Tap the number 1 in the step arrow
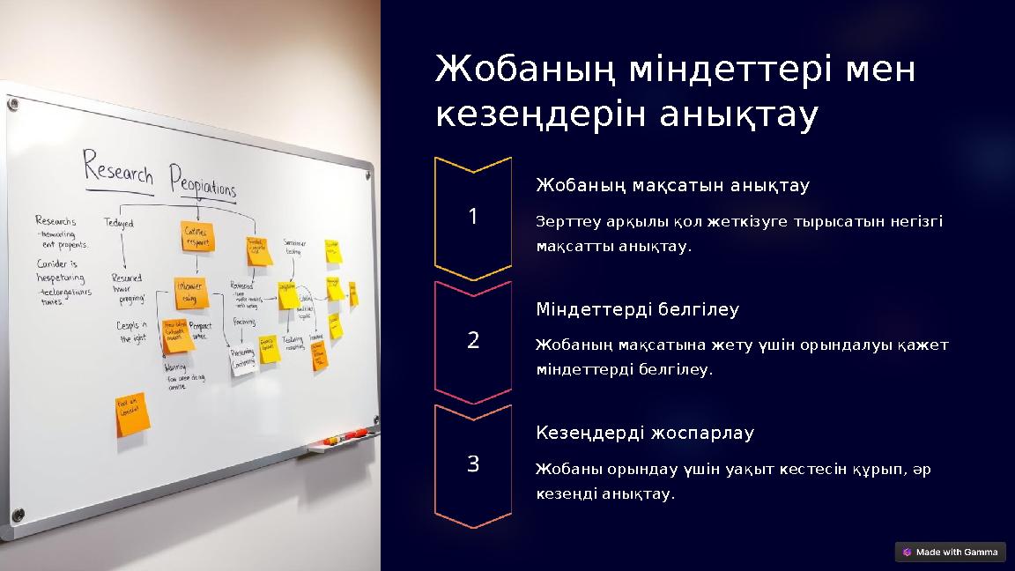pos(473,216)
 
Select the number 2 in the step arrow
pos(473,340)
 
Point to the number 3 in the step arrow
pos(473,463)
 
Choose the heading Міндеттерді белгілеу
pos(637,309)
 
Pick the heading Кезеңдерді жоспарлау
pos(645,434)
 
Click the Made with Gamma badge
pos(950,552)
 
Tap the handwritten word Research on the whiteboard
pos(118,167)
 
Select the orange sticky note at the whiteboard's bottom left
pos(132,414)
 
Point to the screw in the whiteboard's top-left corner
pos(12,105)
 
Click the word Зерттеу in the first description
pos(562,221)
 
